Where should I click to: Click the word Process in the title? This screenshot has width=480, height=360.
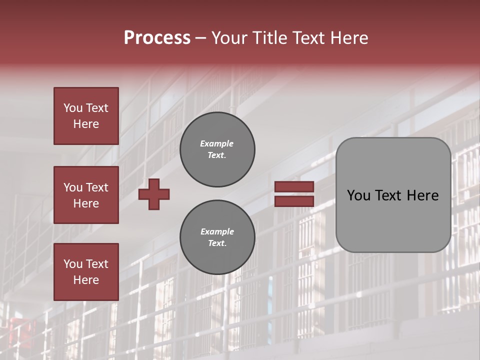pos(157,38)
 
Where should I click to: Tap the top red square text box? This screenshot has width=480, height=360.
pos(86,116)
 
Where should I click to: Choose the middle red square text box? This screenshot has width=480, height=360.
pos(86,195)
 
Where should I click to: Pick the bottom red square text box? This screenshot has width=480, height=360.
pos(86,272)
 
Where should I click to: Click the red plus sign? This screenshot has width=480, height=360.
pos(154,194)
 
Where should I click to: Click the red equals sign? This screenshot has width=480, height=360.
pos(294,194)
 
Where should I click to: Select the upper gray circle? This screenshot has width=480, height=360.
pos(217,149)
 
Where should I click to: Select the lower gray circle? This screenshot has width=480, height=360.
pos(217,237)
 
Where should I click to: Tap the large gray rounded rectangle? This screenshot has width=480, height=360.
pos(393,195)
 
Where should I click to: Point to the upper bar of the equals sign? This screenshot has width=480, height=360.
pos(294,187)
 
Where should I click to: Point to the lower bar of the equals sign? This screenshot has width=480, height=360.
pos(294,201)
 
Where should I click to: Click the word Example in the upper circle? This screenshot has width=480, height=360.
pos(216,144)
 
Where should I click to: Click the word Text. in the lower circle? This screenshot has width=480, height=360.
pos(217,243)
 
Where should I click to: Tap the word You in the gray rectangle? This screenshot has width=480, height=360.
pos(358,195)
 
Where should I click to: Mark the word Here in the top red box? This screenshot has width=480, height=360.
pos(86,124)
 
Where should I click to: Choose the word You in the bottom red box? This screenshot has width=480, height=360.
pos(72,264)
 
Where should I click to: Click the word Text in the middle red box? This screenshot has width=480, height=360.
pos(97,187)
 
